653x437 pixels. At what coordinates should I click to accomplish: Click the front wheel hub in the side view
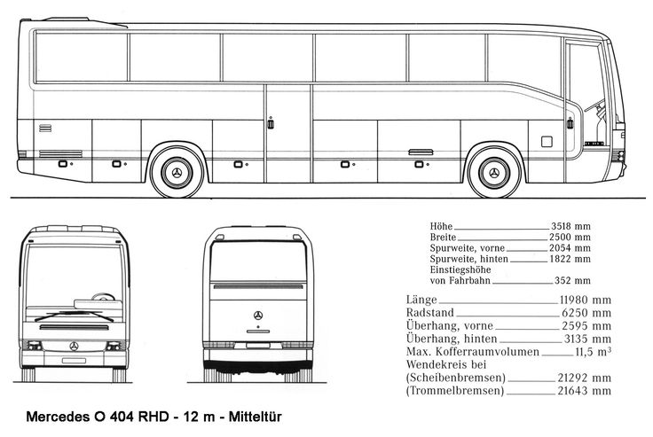pyautogui.click(x=494, y=173)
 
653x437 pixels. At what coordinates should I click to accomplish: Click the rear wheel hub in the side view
pyautogui.click(x=177, y=173)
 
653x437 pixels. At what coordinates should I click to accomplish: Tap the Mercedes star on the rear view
pyautogui.click(x=258, y=316)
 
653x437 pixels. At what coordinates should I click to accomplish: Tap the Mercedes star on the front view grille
pyautogui.click(x=75, y=347)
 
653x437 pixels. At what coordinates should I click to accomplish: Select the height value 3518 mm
pyautogui.click(x=570, y=226)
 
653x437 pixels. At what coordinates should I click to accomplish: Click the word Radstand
pyautogui.click(x=429, y=313)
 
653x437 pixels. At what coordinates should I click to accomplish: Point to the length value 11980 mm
pyautogui.click(x=585, y=300)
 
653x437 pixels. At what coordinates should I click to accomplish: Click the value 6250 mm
pyautogui.click(x=586, y=313)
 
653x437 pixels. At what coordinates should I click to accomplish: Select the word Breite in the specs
pyautogui.click(x=443, y=238)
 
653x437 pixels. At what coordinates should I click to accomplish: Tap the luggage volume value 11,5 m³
pyautogui.click(x=593, y=352)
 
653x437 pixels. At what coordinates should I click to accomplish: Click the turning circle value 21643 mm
pyautogui.click(x=585, y=391)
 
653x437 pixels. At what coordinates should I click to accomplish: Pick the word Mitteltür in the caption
pyautogui.click(x=256, y=417)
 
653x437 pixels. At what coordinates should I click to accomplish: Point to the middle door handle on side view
pyautogui.click(x=271, y=123)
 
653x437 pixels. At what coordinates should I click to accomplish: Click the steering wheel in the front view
pyautogui.click(x=103, y=297)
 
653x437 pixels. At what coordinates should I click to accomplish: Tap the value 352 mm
pyautogui.click(x=572, y=280)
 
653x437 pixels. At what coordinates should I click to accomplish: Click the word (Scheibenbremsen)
pyautogui.click(x=456, y=378)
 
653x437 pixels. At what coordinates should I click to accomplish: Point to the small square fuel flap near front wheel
pyautogui.click(x=547, y=142)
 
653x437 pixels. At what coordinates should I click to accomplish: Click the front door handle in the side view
pyautogui.click(x=570, y=123)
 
